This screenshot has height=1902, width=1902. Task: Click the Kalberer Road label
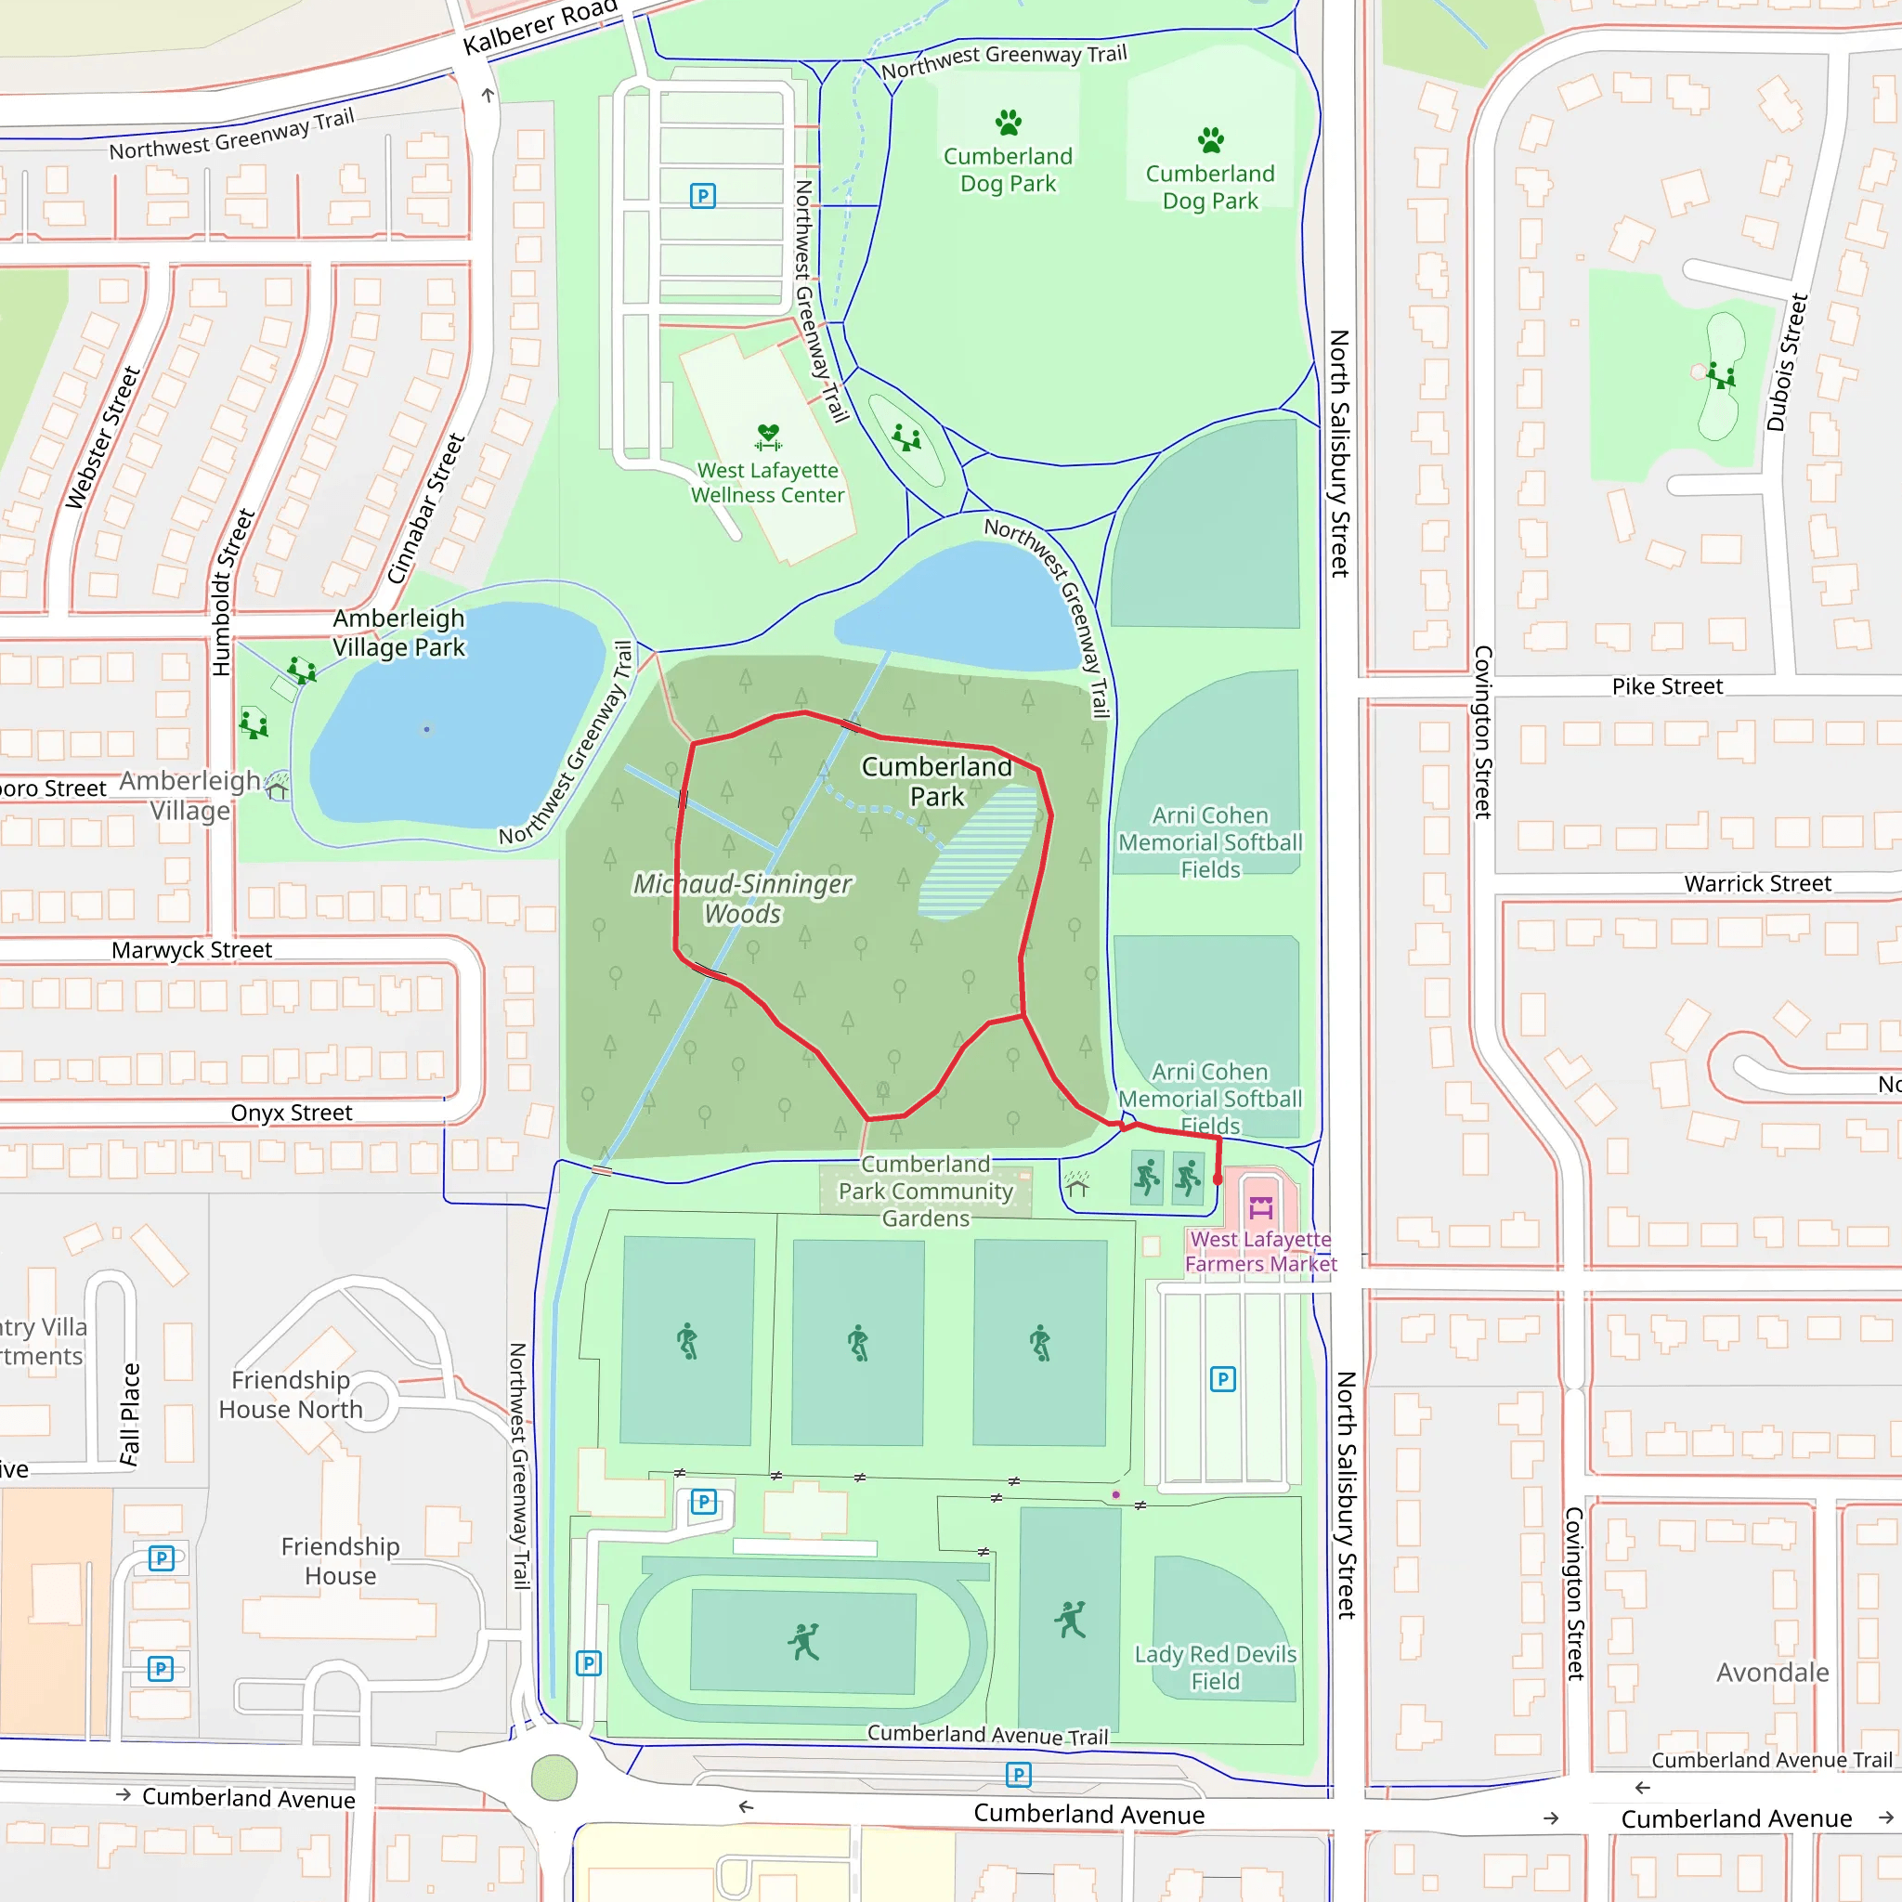pos(540,26)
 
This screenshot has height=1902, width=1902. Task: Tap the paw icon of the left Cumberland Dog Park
pos(1008,124)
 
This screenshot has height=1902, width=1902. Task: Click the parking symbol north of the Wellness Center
pos(702,196)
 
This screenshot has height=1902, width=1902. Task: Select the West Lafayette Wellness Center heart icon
pos(768,436)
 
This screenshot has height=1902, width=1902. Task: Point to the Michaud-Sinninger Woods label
pos(742,898)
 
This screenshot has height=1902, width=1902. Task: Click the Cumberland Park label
pos(936,781)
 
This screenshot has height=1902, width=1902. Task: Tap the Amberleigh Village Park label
pos(397,633)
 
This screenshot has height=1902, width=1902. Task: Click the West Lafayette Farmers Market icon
pos(1260,1208)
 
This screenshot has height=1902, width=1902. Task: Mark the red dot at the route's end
pos(1218,1179)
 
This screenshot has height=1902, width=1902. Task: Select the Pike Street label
pos(1667,686)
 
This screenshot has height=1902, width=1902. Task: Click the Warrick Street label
pos(1757,883)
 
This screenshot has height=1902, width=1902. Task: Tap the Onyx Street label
pos(292,1113)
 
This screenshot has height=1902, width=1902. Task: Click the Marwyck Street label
pos(191,950)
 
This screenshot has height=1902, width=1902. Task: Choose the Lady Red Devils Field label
pos(1215,1668)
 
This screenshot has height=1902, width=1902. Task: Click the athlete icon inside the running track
pos(803,1641)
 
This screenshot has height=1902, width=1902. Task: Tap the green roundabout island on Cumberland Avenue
pos(554,1778)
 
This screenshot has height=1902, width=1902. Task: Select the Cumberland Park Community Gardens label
pos(925,1192)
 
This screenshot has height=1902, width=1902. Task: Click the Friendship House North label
pos(291,1394)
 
